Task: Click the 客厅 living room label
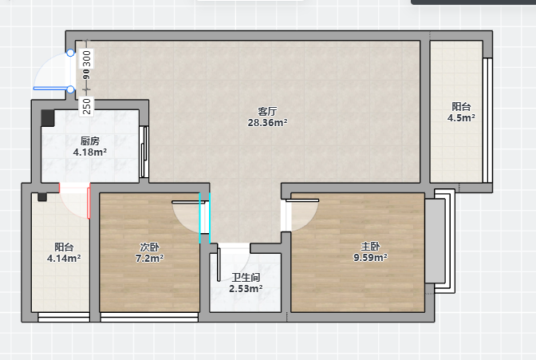pos(267,111)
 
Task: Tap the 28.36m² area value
pos(267,122)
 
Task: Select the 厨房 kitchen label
pos(90,141)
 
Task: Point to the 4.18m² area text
pos(90,152)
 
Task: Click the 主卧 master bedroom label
pos(371,247)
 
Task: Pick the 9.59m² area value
pos(371,257)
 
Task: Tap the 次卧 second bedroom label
pos(150,247)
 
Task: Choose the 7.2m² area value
pos(150,258)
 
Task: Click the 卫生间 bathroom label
pos(246,277)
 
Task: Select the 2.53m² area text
pos(246,288)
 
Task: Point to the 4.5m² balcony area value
pos(461,117)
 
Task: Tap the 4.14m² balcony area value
pos(64,258)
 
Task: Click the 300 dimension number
pos(87,59)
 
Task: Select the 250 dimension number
pos(87,106)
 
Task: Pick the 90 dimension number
pos(87,74)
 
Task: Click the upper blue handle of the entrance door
pos(70,53)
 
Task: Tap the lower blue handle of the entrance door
pos(70,89)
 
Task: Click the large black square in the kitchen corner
pos(48,118)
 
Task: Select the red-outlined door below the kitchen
pos(75,200)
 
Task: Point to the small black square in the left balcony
pos(42,197)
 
